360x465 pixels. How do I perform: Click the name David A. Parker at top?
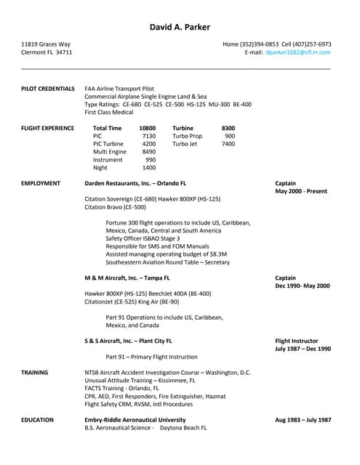pos(180,28)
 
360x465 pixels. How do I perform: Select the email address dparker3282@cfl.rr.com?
pos(297,52)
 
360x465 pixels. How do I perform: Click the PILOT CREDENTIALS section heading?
pos(48,89)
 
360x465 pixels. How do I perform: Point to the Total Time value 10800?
pos(147,128)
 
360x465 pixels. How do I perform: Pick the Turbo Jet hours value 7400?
pos(228,144)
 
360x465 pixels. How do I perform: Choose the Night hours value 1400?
pos(148,168)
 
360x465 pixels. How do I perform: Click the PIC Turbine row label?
pos(108,144)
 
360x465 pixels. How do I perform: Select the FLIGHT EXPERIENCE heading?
pos(48,128)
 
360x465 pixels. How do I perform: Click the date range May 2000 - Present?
pos(300,191)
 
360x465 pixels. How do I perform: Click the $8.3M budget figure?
pos(218,254)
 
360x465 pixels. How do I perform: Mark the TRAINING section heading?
pos(35,372)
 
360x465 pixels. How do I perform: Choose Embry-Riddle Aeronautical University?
pos(135,419)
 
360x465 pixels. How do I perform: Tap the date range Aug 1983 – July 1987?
pos(303,420)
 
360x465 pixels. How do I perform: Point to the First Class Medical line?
pos(109,113)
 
